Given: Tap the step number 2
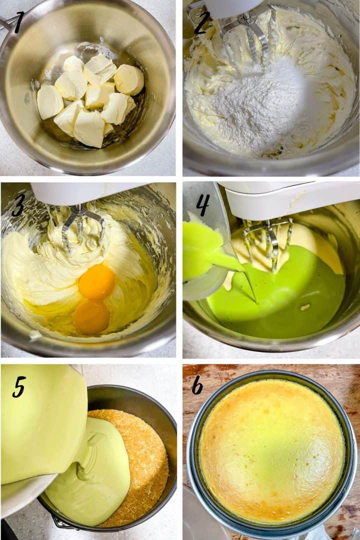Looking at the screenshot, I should click(x=201, y=22).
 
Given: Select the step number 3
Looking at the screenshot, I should click(x=18, y=205).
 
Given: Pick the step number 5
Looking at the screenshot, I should click(x=19, y=386).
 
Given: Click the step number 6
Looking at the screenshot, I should click(x=197, y=385).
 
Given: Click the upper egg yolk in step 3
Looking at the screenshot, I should click(x=96, y=282).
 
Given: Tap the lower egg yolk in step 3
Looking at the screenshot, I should click(x=91, y=316).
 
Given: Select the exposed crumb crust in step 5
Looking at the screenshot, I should click(x=145, y=465).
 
